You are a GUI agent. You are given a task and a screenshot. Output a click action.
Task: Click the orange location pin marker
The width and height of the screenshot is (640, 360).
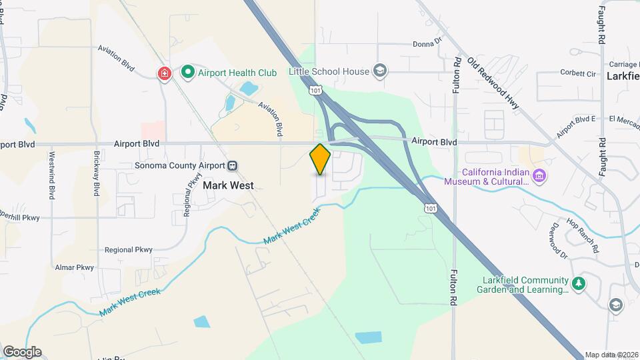coord(320,159)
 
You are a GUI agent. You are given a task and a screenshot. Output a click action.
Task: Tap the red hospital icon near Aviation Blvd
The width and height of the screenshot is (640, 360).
coord(164,73)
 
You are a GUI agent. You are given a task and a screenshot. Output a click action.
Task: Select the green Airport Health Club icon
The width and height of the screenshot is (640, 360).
coord(189,71)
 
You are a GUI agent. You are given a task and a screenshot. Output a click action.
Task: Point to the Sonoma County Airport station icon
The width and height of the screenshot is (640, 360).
coord(232,165)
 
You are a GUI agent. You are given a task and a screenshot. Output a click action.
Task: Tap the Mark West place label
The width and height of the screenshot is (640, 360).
coord(227,186)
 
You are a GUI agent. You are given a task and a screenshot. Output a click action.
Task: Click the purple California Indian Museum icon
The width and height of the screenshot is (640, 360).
coord(540,176)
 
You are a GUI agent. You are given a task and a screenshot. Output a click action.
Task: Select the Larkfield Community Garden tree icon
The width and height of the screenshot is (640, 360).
coord(579,284)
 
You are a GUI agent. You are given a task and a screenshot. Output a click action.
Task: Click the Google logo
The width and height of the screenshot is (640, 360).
coord(22,351)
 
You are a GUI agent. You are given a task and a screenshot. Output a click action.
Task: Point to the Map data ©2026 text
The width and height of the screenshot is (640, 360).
coord(611,355)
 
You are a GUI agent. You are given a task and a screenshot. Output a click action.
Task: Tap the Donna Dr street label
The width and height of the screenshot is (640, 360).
coord(427,42)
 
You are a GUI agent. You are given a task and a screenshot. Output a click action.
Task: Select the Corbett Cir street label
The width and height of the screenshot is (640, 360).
coord(577,73)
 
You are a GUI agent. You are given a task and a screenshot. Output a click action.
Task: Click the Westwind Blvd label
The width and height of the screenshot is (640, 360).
coord(51,175)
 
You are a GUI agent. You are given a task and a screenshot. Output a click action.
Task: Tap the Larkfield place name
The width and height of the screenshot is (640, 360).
coord(623,76)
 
